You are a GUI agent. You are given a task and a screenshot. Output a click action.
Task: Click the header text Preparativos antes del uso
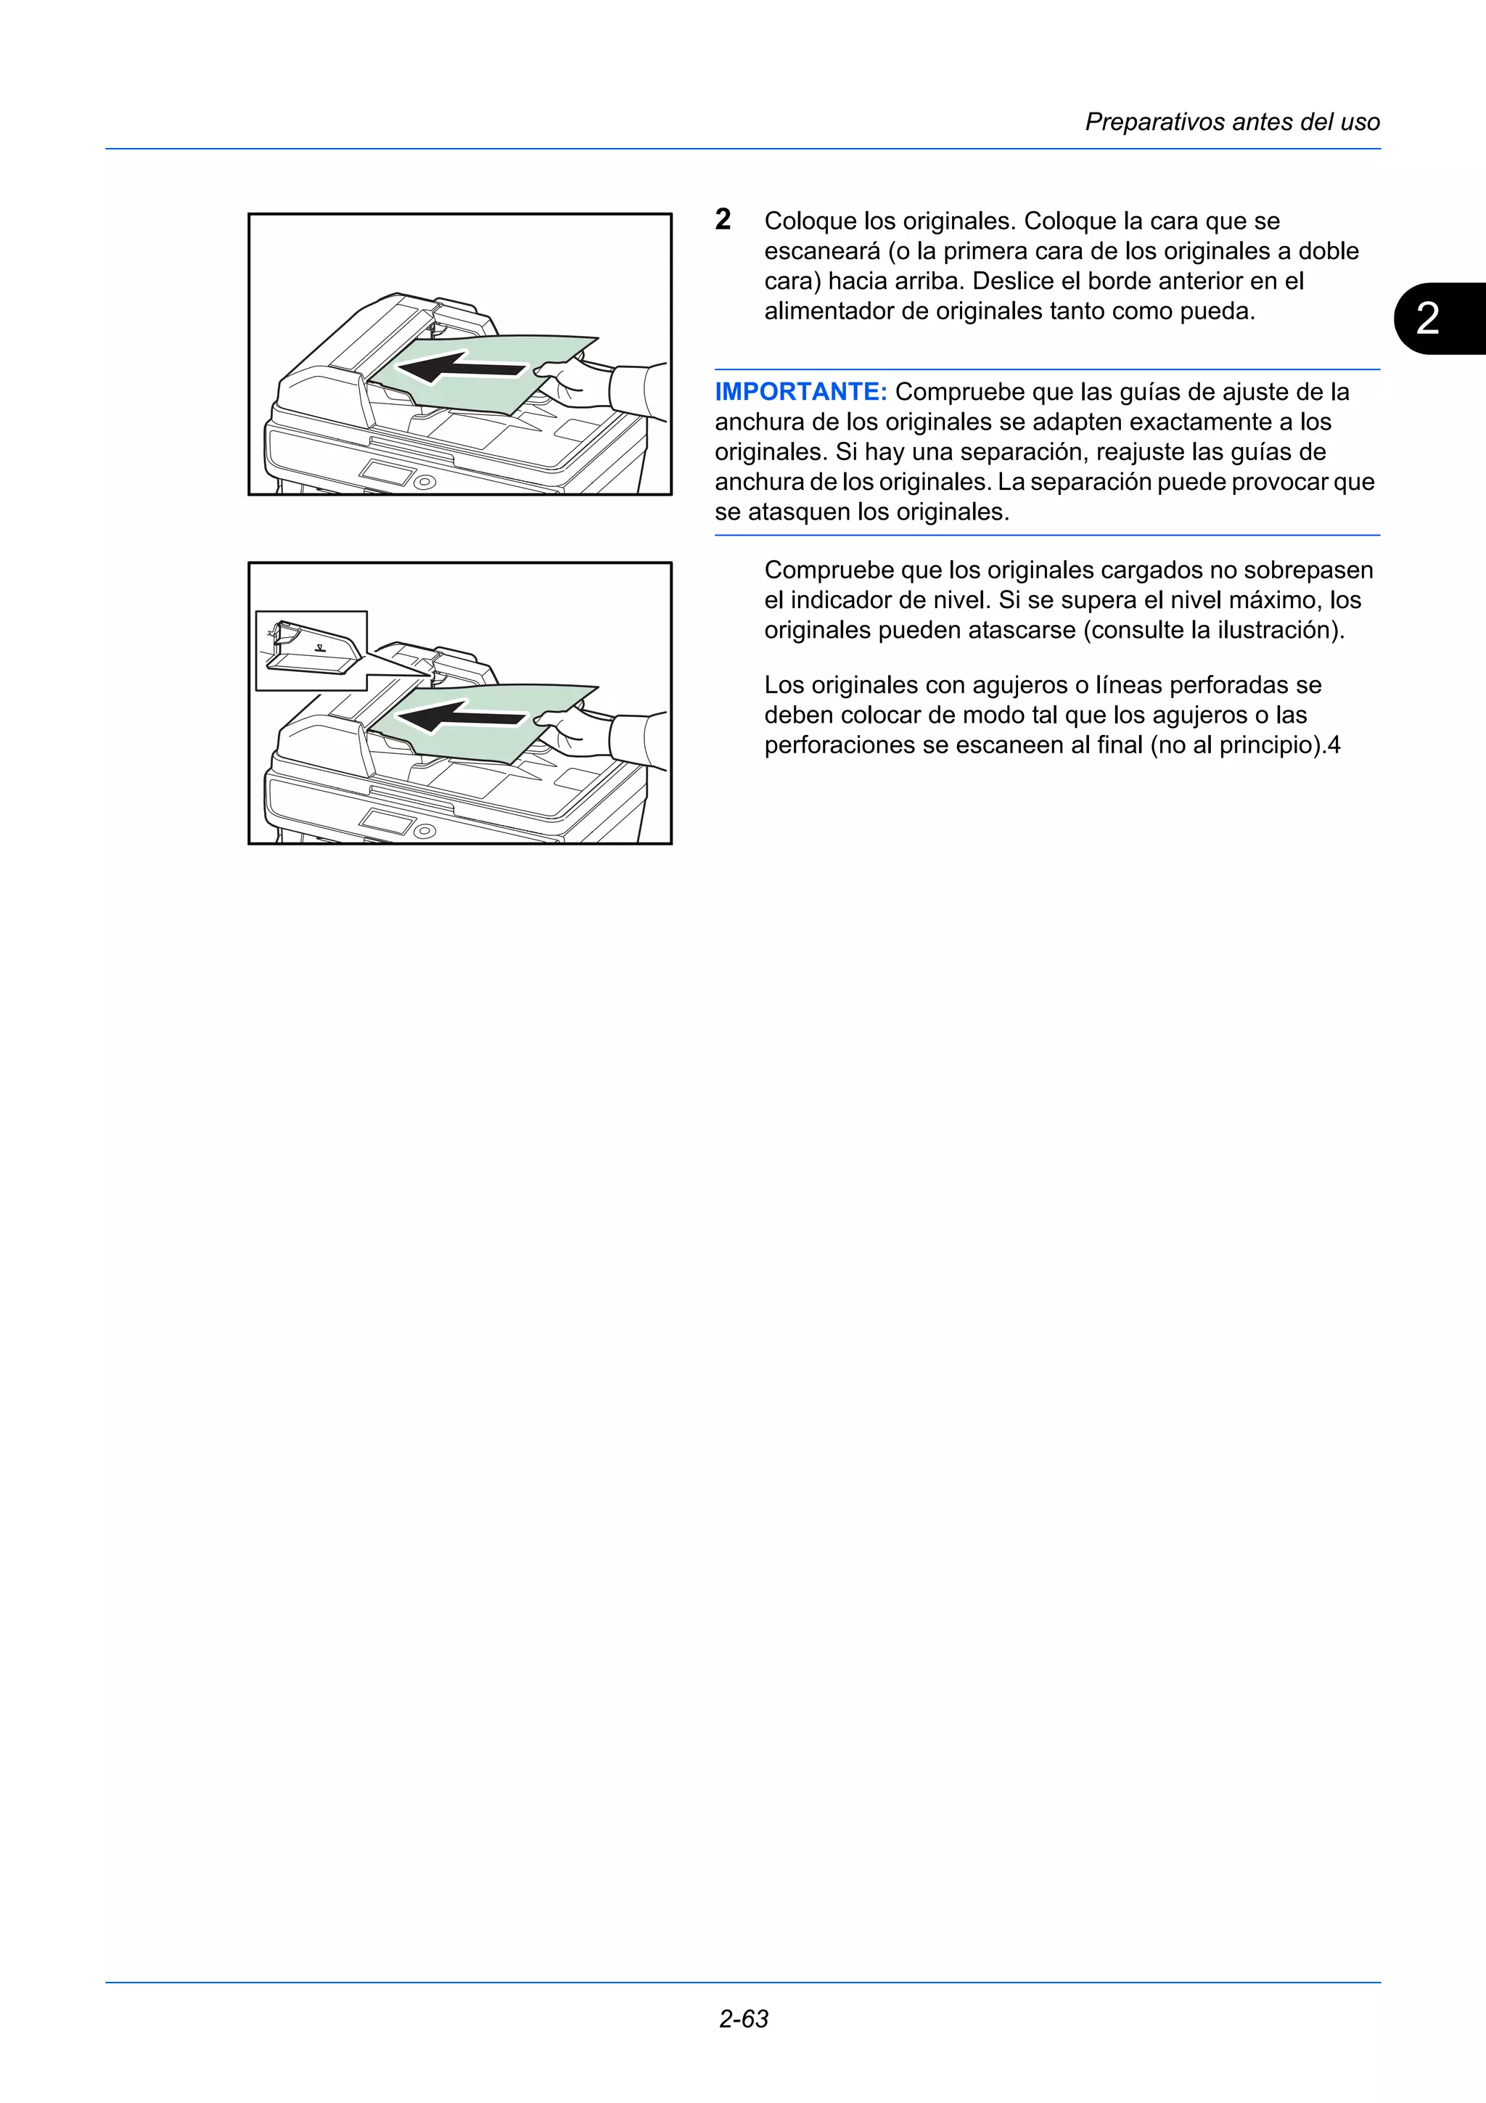[x=1231, y=122]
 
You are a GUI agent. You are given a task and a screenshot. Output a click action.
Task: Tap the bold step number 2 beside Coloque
[x=723, y=220]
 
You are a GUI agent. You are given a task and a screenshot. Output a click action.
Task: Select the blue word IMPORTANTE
[x=800, y=392]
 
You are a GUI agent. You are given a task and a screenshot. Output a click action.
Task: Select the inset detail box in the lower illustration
[x=311, y=650]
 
